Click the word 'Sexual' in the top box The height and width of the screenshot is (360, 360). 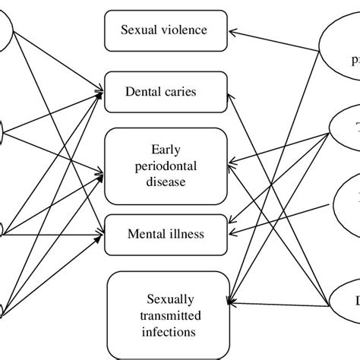pos(140,30)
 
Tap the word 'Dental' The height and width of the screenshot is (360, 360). pos(144,92)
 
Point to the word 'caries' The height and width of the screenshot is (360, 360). pos(182,92)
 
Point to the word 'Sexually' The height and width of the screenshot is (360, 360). pos(165,302)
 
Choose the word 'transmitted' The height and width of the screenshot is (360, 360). pos(165,317)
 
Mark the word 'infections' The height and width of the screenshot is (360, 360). pos(165,332)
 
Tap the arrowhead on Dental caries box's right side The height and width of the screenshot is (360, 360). pos(232,94)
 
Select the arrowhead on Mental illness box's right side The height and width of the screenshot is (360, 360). pos(232,234)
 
